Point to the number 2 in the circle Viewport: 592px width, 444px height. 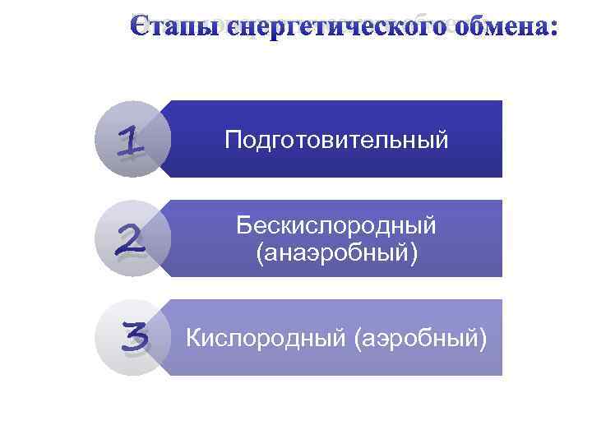point(131,239)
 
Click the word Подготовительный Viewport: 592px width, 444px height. point(337,140)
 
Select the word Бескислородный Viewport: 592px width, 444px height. point(336,224)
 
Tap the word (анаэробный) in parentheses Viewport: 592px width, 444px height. point(336,252)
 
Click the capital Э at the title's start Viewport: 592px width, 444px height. point(141,26)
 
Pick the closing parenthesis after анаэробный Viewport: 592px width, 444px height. point(414,253)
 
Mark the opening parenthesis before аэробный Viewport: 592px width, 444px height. point(354,338)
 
